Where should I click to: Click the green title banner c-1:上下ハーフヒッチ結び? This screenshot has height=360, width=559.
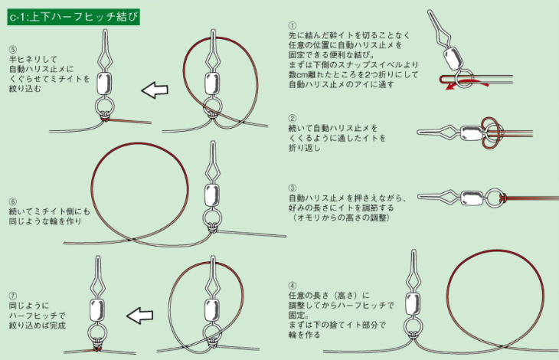coord(74,17)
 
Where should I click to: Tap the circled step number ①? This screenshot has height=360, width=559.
coord(293,25)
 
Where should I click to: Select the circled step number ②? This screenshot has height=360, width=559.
coord(293,118)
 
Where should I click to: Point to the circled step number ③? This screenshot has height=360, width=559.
coord(293,188)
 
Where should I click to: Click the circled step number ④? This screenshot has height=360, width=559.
coord(293,286)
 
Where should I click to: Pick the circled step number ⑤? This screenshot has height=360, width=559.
coord(13,49)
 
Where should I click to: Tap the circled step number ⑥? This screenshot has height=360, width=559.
coord(13,201)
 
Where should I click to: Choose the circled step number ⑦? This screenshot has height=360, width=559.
coord(13,296)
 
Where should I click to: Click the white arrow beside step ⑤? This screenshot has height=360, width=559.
coord(155,90)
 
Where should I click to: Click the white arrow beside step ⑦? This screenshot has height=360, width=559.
coord(139,316)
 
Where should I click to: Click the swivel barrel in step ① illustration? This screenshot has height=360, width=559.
coord(452,57)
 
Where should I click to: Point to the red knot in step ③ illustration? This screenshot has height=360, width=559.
coord(502,197)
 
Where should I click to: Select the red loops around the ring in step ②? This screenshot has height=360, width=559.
coord(492,133)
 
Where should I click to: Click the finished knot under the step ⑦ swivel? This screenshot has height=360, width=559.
coord(96,349)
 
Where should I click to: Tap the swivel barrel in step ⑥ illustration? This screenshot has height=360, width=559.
coord(212,195)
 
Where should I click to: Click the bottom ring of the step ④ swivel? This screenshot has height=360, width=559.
coord(414,326)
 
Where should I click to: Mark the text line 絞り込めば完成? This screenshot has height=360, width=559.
coord(38,326)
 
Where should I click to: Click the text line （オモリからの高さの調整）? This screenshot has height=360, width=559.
coord(342,218)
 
